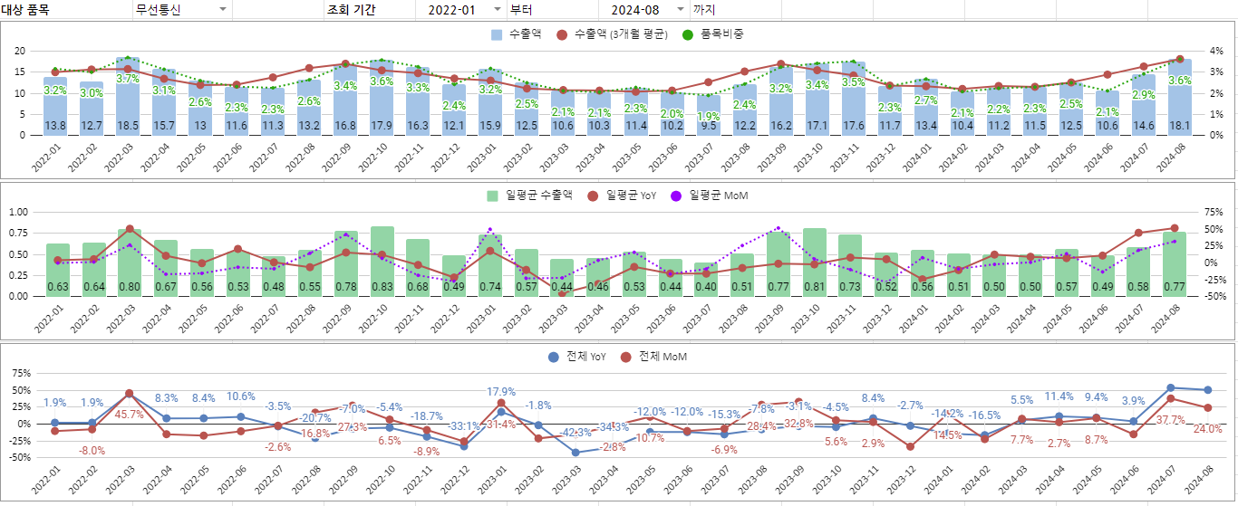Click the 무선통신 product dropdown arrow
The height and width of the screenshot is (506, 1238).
(x=223, y=10)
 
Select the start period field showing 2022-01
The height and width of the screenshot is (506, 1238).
(x=451, y=10)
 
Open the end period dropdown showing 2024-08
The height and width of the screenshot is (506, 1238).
(x=679, y=10)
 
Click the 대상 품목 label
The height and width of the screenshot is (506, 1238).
(x=26, y=10)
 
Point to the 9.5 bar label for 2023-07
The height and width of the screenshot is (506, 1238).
(x=708, y=125)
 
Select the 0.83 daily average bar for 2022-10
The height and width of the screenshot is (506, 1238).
(x=382, y=262)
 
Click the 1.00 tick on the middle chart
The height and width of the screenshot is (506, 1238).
(x=16, y=212)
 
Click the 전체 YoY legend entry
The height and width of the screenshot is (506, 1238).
(x=584, y=357)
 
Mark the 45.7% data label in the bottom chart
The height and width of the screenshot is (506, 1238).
(x=129, y=415)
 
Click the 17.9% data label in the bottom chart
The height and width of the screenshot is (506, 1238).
(x=501, y=392)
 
